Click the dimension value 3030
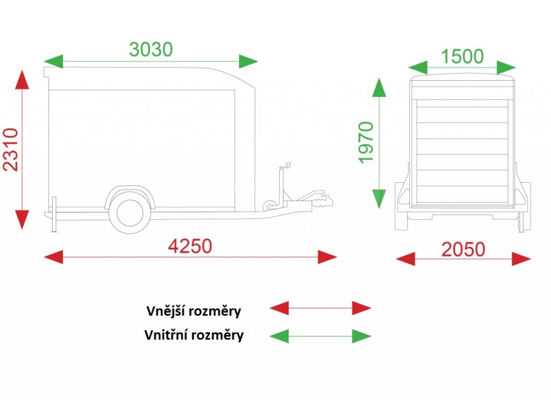(151, 49)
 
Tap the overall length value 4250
(190, 246)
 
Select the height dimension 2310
(11, 149)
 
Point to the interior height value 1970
(366, 143)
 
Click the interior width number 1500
(462, 56)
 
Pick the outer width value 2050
(463, 250)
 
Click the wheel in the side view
(129, 212)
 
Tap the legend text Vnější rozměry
(194, 311)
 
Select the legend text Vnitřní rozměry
(194, 336)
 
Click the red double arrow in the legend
(320, 308)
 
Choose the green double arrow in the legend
(320, 336)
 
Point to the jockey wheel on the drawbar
(269, 205)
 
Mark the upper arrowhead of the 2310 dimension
(22, 81)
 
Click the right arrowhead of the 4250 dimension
(327, 257)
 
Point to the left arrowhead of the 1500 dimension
(418, 67)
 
